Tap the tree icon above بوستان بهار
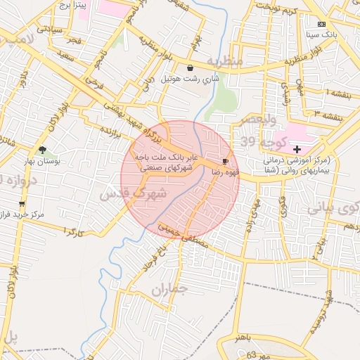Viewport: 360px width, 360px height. click(43, 150)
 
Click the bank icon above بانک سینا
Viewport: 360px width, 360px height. click(322, 23)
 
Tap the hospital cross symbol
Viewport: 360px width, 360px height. click(297, 149)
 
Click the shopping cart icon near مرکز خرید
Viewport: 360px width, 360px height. click(22, 204)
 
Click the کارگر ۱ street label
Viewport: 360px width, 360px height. click(75, 230)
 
